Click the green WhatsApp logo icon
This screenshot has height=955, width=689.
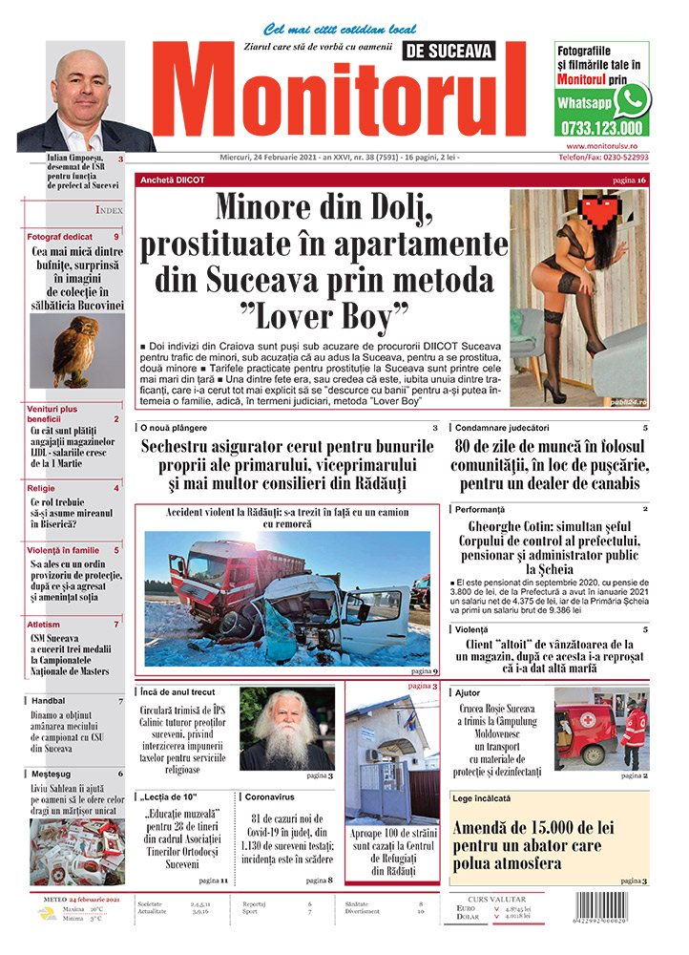tap(631, 99)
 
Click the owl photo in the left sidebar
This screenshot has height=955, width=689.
tap(64, 350)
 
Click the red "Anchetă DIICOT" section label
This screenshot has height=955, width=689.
tap(172, 180)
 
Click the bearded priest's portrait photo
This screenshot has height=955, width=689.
tap(285, 728)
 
